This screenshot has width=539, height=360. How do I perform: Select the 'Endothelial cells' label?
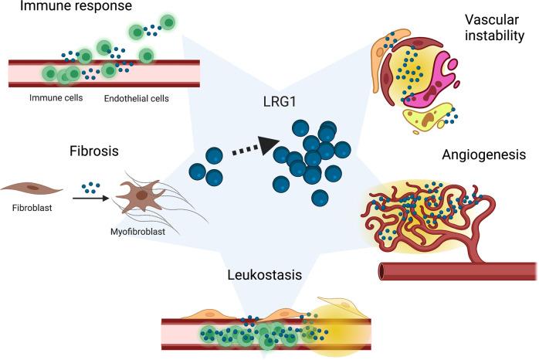(137, 99)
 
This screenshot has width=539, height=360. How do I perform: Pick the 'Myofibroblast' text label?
(137, 229)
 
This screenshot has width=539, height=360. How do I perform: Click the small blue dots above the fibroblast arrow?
(90, 186)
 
